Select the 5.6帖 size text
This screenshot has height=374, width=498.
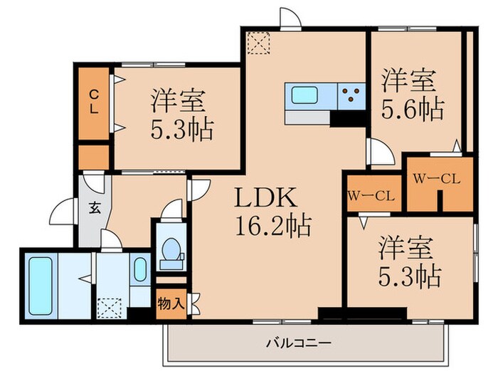(x=413, y=109)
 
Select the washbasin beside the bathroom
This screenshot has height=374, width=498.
(x=139, y=270)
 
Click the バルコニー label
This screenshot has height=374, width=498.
(x=298, y=342)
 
